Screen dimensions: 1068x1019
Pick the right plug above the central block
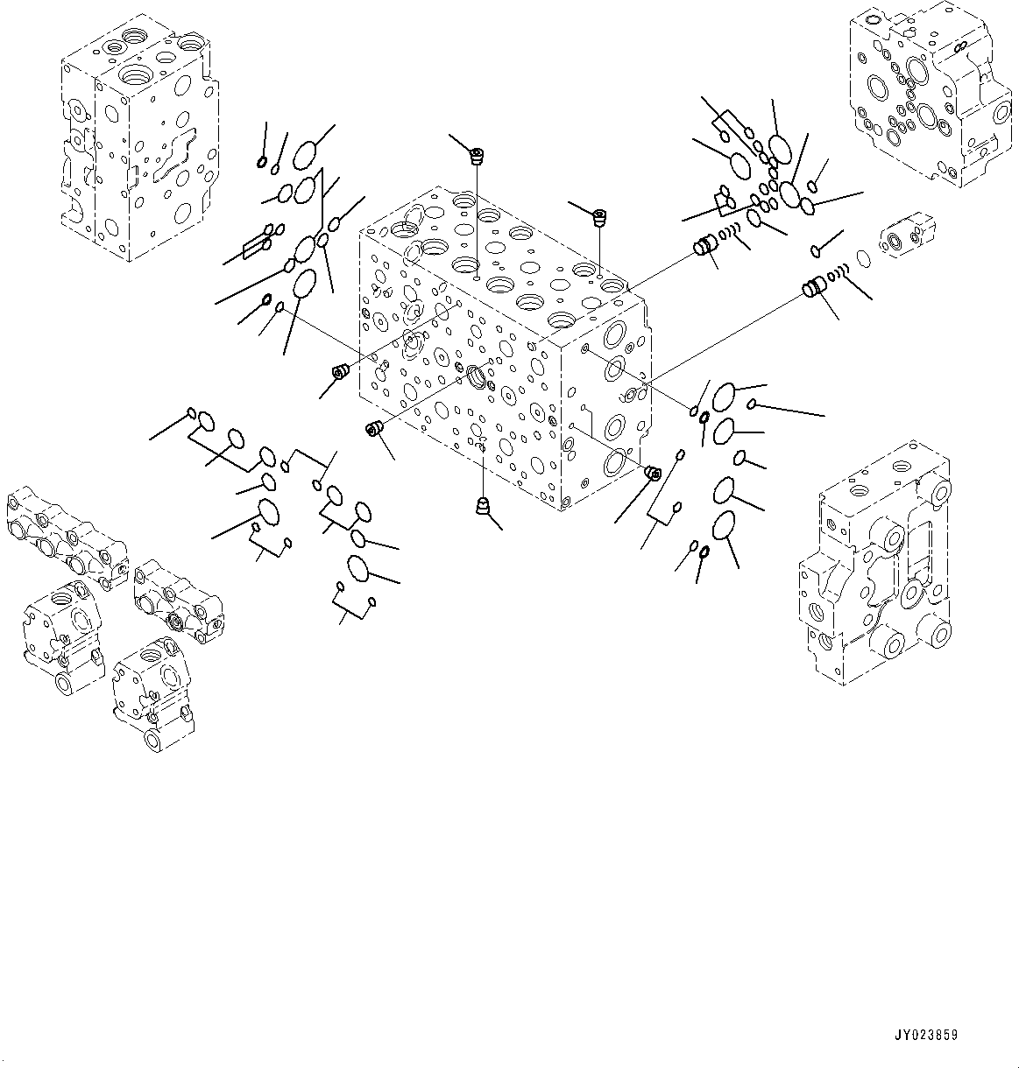coord(600,216)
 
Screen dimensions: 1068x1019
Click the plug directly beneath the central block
coord(481,507)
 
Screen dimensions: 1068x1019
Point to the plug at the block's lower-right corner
coord(652,474)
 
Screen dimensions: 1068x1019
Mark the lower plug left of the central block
coord(374,428)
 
